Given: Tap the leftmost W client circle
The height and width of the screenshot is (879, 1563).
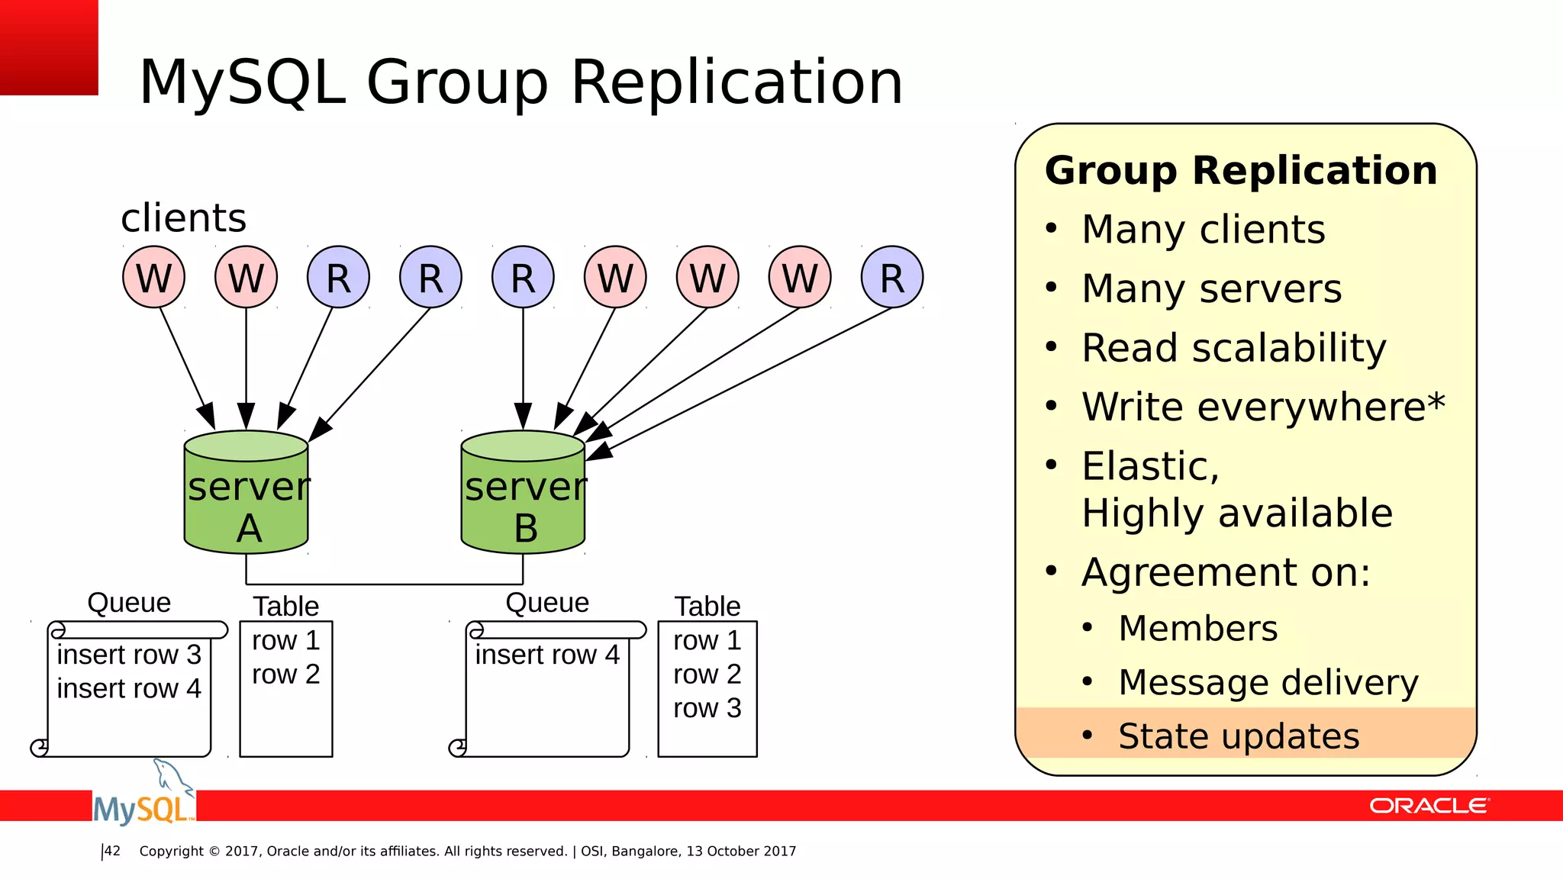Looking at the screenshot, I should (153, 277).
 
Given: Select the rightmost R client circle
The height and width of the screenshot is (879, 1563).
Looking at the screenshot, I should (891, 277).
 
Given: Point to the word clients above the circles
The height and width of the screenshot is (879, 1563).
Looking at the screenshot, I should (183, 218).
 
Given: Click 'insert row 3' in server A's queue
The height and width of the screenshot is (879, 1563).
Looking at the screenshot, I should (128, 655).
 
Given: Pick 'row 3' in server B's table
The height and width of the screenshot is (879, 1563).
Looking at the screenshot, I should (707, 708).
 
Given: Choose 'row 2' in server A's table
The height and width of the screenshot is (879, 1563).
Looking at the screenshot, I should (285, 675).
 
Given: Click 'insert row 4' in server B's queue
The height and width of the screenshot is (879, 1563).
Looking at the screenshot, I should (546, 655).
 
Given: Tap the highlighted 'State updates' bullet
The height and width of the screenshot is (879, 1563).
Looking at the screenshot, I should (1238, 736).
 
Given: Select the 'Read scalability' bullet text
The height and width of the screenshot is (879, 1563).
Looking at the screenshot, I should (1233, 348).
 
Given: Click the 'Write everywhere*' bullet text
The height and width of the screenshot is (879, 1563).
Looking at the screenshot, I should (1263, 407).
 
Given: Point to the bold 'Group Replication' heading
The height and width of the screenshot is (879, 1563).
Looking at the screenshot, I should (1241, 170).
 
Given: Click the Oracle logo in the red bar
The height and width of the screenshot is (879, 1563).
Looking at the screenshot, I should (1428, 806).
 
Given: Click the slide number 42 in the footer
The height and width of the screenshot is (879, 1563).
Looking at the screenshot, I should (112, 851).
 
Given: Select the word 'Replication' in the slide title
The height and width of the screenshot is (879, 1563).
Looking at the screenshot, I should (736, 82).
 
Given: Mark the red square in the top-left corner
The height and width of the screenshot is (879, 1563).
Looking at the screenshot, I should (49, 47).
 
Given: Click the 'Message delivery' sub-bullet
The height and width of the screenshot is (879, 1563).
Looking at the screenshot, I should (1268, 682).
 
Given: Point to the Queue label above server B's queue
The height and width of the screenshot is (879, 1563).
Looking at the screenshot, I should (547, 603).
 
